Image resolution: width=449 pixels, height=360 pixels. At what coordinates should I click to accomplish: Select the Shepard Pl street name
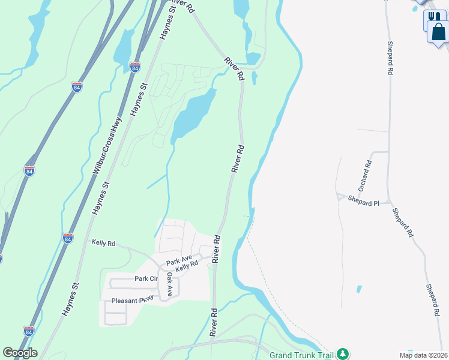[364, 203]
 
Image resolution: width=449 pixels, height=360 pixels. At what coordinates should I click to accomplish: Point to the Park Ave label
[178, 262]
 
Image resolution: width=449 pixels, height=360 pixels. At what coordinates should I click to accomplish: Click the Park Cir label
[146, 278]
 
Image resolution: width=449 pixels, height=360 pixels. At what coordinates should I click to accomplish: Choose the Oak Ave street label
[169, 284]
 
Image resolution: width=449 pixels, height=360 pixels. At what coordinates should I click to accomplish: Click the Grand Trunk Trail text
[301, 354]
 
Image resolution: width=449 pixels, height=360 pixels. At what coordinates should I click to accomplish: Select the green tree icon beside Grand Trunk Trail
[342, 353]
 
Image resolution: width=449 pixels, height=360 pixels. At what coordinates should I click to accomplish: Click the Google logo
[20, 353]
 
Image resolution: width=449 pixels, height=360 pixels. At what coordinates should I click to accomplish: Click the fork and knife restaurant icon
[432, 17]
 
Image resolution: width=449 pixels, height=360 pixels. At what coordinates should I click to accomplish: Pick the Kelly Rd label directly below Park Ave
[187, 266]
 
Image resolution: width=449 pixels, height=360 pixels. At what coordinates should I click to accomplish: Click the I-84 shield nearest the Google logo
[28, 331]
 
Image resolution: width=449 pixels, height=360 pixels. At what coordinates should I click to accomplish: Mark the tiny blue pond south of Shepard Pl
[359, 289]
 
